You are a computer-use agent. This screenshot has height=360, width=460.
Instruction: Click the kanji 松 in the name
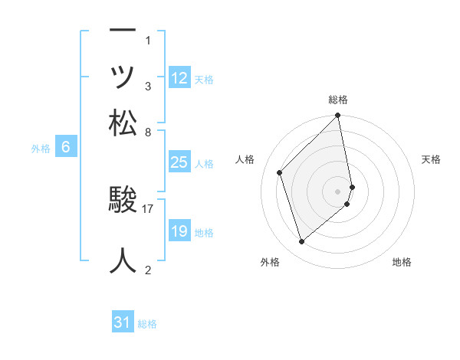[x=123, y=123]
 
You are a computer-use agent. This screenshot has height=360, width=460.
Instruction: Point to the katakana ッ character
[x=123, y=77]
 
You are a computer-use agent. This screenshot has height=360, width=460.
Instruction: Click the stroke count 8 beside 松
[x=148, y=132]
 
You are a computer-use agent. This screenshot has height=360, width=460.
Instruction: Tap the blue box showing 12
[x=179, y=78]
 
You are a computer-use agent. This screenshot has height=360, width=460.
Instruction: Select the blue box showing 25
[x=179, y=162]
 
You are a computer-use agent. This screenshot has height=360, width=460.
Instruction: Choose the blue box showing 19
[x=179, y=231]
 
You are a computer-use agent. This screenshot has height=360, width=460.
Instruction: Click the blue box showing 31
[x=123, y=322]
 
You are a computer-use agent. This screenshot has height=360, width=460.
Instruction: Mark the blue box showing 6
[x=67, y=148]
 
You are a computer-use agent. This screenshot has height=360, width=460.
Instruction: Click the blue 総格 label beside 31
[x=148, y=324]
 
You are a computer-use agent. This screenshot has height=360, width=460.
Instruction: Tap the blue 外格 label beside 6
[x=41, y=149]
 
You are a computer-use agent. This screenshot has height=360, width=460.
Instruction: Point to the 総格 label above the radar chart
[x=338, y=100]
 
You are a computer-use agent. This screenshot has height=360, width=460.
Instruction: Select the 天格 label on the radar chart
[x=431, y=159]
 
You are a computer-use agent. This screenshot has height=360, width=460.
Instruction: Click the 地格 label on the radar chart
[x=402, y=262]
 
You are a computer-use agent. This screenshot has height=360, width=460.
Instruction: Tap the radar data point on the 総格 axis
[x=338, y=116]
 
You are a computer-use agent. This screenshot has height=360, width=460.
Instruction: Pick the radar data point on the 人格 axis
[x=280, y=172]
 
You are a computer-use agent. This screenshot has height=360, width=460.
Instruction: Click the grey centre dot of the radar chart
[x=338, y=190]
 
